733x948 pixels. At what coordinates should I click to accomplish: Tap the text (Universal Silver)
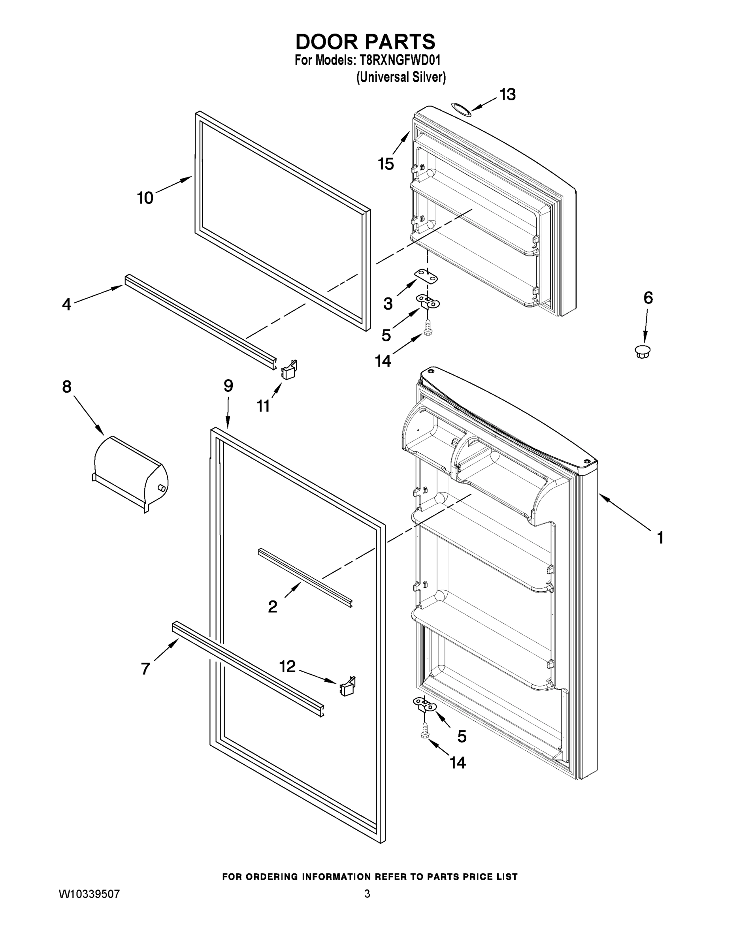401,77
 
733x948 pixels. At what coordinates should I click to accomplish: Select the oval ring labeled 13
460,109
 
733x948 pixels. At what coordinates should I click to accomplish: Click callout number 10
145,198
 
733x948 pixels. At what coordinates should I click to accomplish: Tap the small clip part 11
289,370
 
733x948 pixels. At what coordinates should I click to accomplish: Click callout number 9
228,386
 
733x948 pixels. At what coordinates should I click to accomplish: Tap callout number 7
145,669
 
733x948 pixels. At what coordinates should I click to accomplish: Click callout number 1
660,538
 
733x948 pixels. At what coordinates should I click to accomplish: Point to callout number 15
386,164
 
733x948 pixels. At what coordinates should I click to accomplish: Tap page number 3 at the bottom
367,894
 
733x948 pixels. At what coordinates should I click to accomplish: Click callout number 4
66,304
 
